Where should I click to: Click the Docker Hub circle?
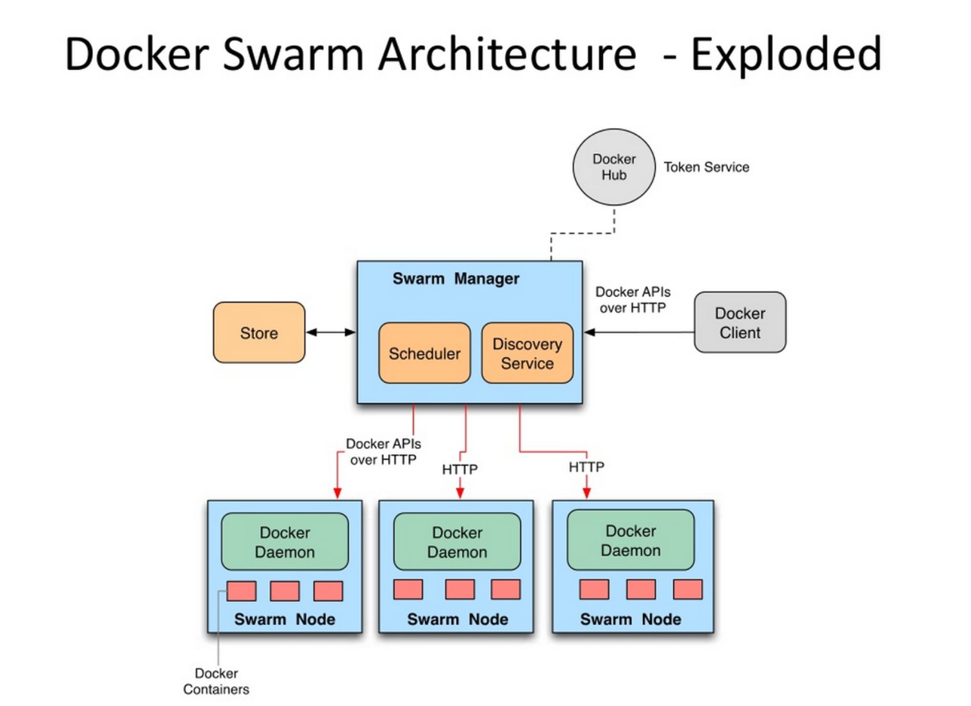tap(613, 167)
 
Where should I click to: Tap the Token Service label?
tap(706, 167)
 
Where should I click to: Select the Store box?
tap(259, 332)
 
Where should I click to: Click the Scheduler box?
tap(424, 353)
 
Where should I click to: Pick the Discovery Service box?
tap(527, 353)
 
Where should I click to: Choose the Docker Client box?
tap(740, 322)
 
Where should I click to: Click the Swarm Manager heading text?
tap(456, 279)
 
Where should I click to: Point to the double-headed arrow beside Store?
tap(331, 332)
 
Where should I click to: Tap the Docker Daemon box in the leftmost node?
tap(285, 541)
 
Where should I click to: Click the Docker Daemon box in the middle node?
tap(457, 541)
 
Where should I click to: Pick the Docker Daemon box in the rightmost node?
tap(630, 540)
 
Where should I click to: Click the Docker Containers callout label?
tap(216, 681)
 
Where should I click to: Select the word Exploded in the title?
tap(786, 54)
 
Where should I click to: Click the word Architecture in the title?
tap(507, 54)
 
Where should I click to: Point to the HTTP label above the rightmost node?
tap(586, 467)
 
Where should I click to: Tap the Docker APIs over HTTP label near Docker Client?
tap(633, 300)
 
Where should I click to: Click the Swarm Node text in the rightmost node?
tap(630, 619)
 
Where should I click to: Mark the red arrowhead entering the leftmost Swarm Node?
tap(338, 493)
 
